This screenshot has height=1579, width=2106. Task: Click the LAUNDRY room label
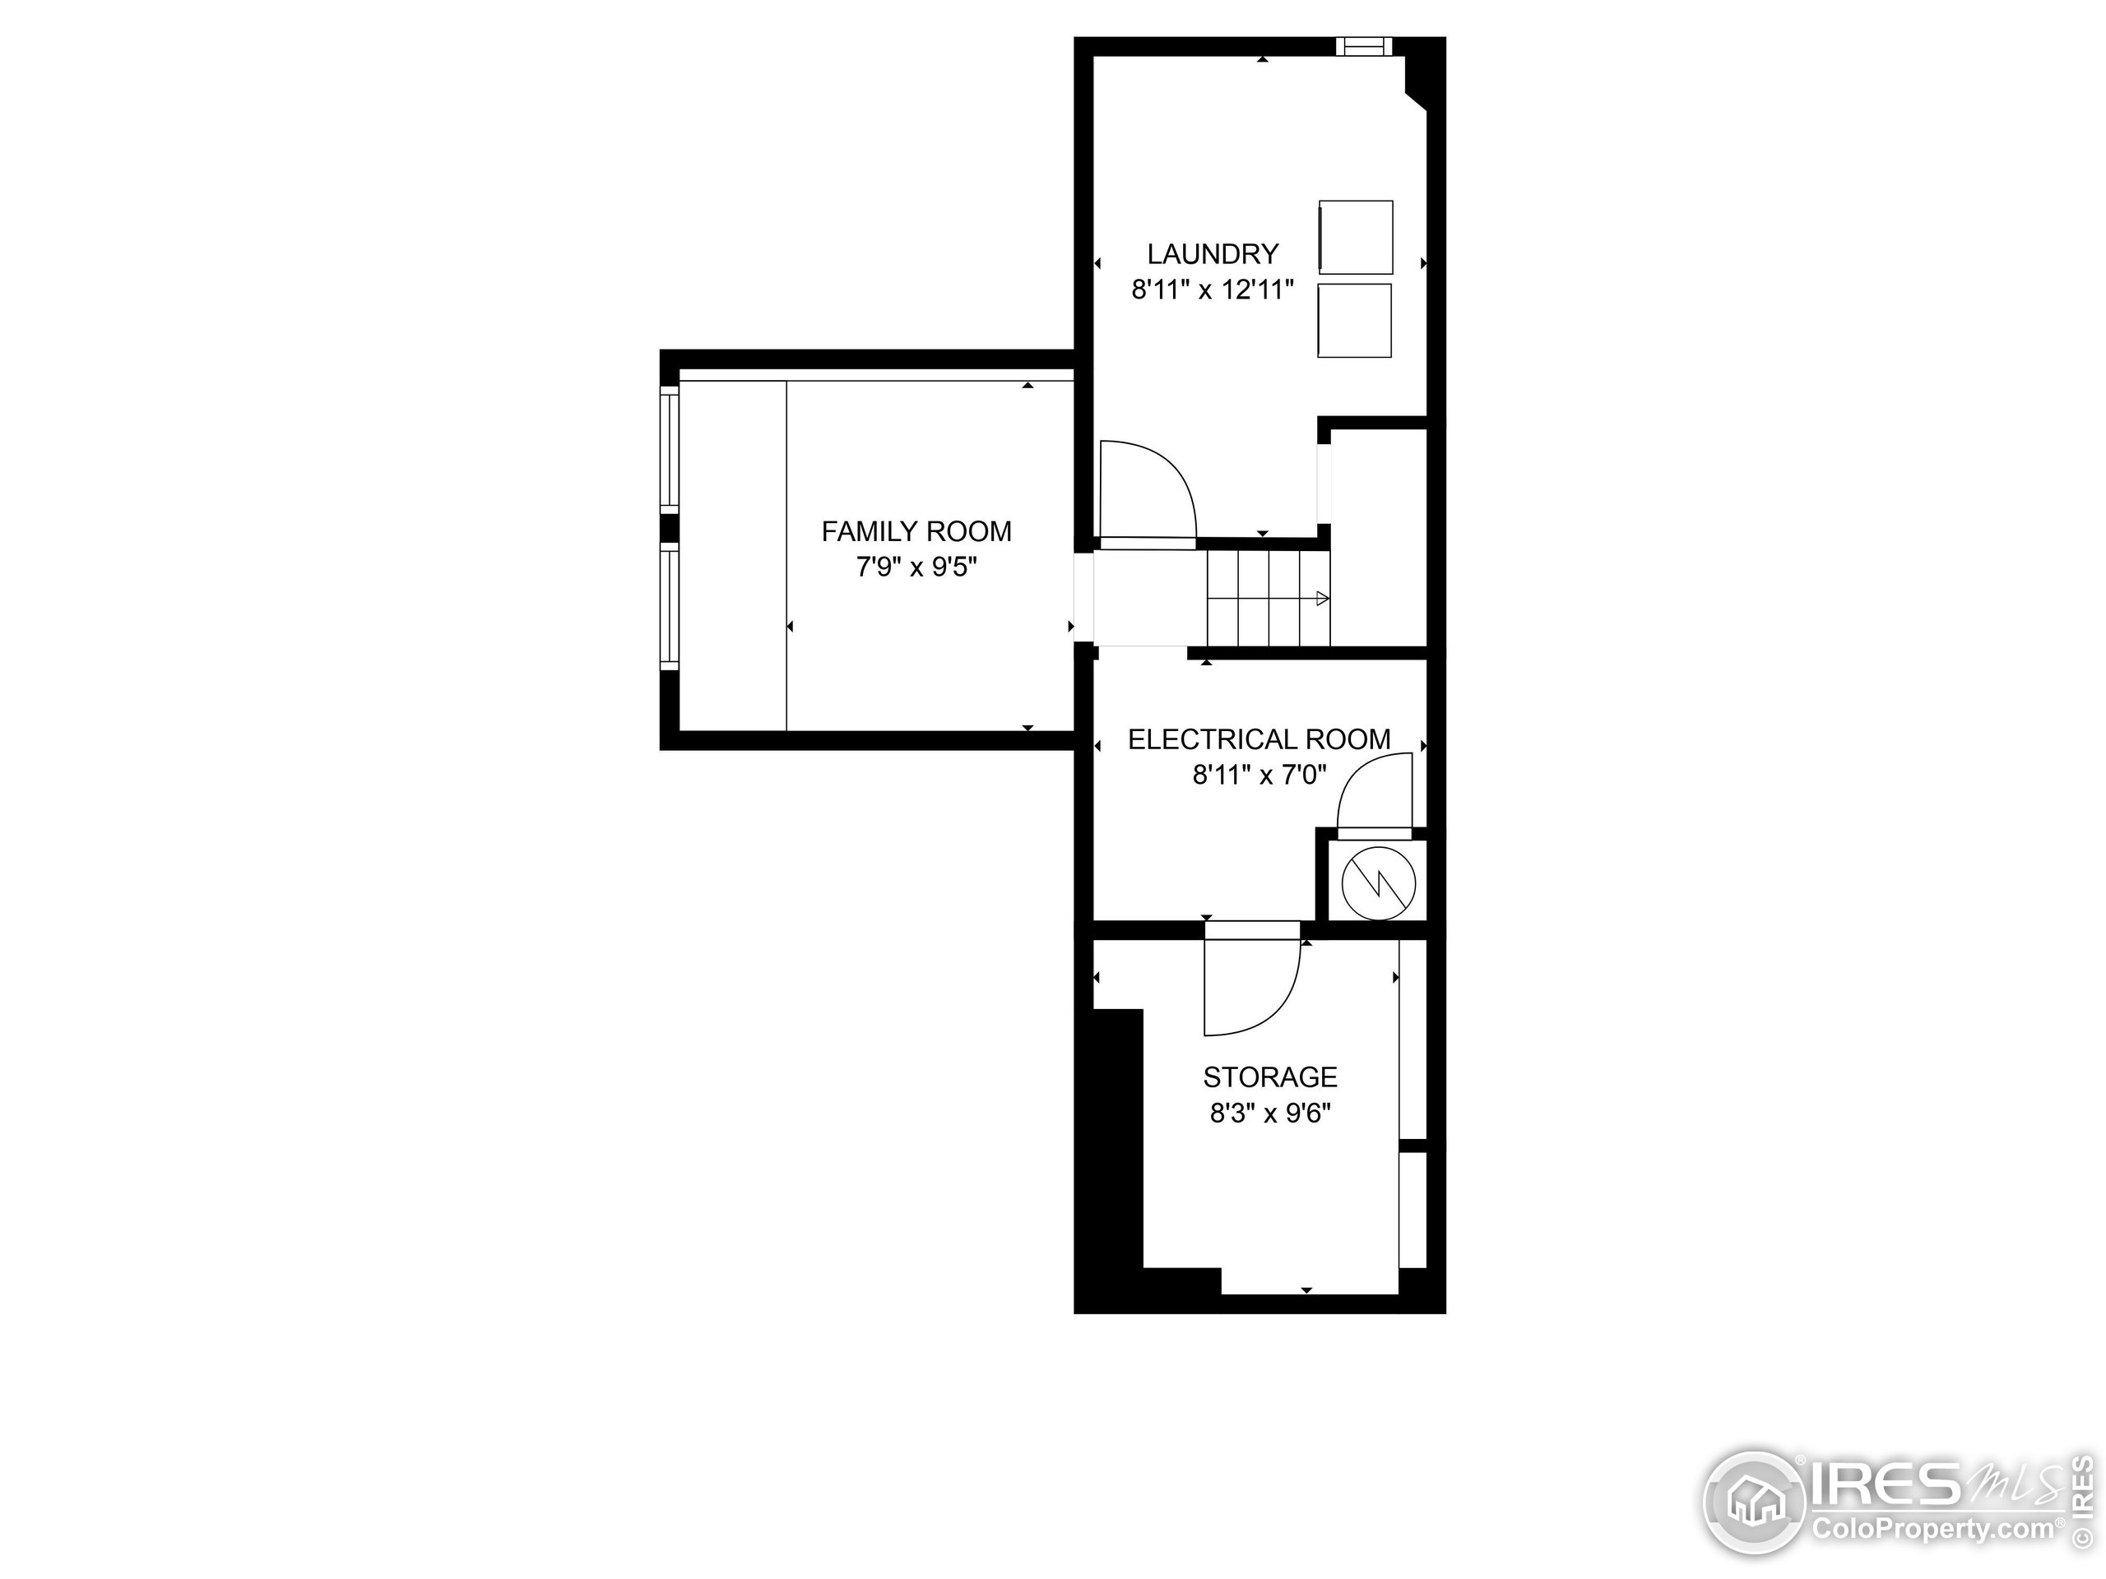click(x=1212, y=254)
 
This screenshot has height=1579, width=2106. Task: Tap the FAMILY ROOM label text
click(x=916, y=531)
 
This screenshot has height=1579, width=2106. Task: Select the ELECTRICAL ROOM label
click(x=1259, y=739)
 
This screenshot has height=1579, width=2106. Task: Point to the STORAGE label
click(x=1270, y=1077)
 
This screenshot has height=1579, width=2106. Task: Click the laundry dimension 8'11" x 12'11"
click(x=1212, y=289)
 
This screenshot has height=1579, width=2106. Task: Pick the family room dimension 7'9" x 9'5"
click(x=916, y=567)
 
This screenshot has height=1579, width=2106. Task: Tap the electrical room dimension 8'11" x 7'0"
click(x=1259, y=775)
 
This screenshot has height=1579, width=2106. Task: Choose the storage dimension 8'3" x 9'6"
click(x=1270, y=1113)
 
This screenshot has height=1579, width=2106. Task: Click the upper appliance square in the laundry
click(x=1356, y=237)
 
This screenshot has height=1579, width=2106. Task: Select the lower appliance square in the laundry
click(x=1354, y=321)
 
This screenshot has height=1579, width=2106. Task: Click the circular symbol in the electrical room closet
click(x=1378, y=883)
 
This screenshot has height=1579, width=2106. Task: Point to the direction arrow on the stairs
click(x=1321, y=599)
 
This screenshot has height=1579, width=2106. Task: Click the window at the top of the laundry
click(x=1363, y=46)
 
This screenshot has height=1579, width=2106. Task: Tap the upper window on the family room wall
click(x=670, y=449)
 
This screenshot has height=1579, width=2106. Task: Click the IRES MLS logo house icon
click(x=1754, y=1505)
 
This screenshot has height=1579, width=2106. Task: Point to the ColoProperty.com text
click(x=1932, y=1530)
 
